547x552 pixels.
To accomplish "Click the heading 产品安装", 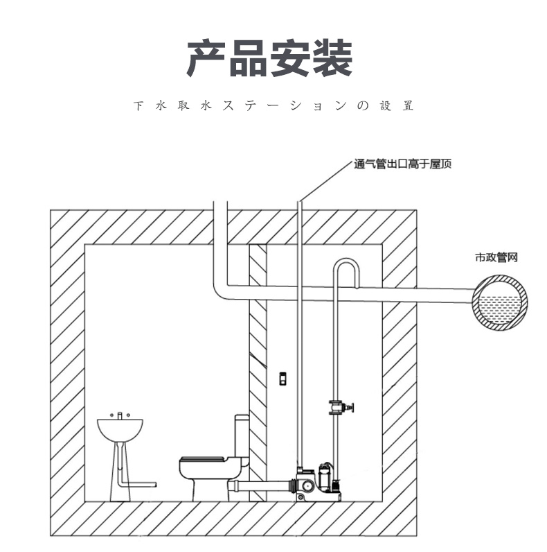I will (x=270, y=58).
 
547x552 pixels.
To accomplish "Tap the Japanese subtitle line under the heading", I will (x=273, y=107).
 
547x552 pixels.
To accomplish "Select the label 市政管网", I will (x=496, y=257).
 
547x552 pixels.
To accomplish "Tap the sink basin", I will (x=121, y=429).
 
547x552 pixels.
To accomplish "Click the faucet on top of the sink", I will (x=121, y=415).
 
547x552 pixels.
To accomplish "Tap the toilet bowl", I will (x=208, y=478).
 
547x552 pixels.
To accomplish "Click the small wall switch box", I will (x=282, y=379).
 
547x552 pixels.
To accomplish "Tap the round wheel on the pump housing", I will (x=302, y=493).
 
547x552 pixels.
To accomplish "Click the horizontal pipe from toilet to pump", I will (x=267, y=485).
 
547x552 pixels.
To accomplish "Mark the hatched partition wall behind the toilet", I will (x=258, y=374).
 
